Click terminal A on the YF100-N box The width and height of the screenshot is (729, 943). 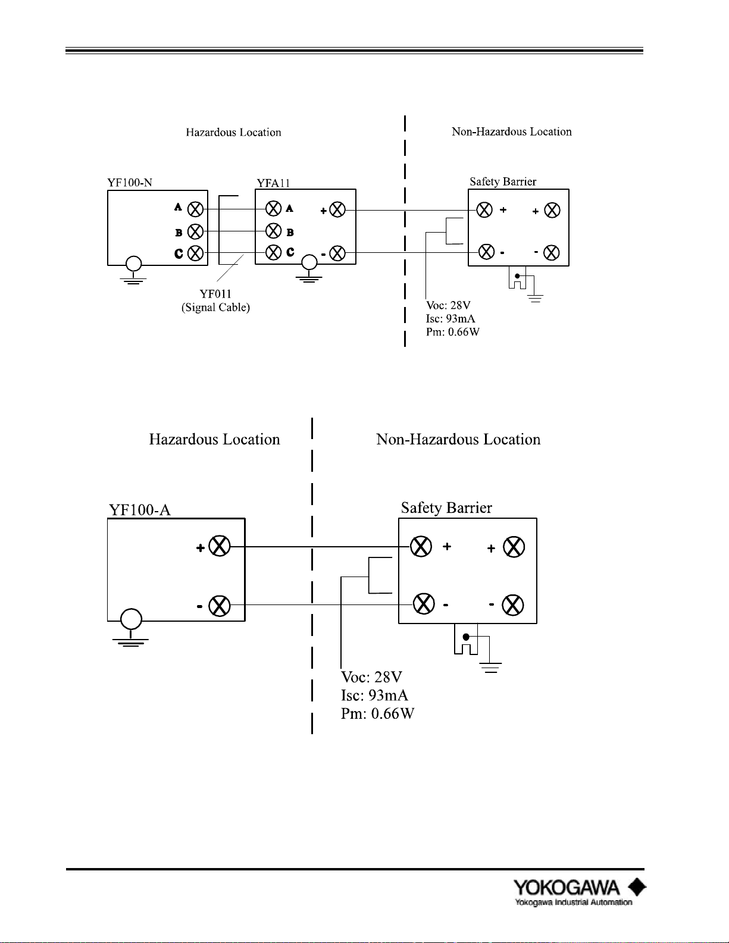[195, 209]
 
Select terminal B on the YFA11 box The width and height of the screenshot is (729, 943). [273, 231]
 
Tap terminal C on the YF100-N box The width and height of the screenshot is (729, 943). [195, 253]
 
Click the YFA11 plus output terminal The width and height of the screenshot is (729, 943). [337, 210]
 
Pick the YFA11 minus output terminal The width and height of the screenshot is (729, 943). [337, 253]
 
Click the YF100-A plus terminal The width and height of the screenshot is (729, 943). [220, 546]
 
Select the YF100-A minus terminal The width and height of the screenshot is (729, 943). [220, 606]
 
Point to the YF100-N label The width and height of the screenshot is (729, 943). [130, 183]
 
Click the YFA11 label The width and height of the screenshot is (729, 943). [273, 183]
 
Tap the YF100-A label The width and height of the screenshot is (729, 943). [140, 509]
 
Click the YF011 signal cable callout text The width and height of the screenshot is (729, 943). [215, 300]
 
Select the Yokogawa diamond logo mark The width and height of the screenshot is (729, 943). [637, 887]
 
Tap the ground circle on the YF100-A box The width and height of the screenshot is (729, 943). [131, 619]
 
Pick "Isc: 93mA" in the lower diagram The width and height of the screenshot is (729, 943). [374, 695]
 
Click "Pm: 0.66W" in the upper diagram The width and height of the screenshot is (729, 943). [453, 332]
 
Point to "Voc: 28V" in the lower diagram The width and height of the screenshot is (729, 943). [371, 677]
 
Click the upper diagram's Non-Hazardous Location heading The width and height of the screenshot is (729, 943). [512, 132]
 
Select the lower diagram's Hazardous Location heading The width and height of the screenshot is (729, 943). [215, 439]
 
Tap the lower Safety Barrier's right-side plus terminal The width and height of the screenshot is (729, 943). [514, 547]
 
